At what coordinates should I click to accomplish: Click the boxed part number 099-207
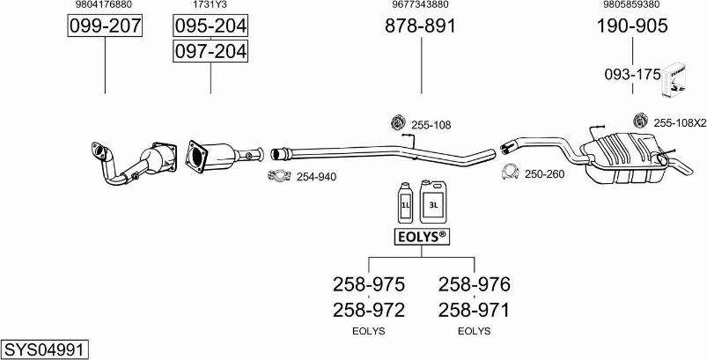tap(105, 26)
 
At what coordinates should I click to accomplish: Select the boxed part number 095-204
tap(210, 26)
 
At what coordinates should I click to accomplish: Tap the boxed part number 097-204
tap(210, 53)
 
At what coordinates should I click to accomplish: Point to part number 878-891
tap(421, 26)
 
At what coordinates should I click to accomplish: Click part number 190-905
tap(631, 26)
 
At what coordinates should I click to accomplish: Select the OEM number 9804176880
tap(105, 5)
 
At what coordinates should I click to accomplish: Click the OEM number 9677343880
tap(421, 5)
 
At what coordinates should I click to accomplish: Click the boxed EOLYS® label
tap(421, 237)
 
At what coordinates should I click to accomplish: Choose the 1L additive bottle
tap(406, 203)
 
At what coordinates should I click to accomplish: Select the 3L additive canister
tap(433, 201)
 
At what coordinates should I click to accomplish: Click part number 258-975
tap(368, 284)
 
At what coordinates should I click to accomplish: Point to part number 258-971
tap(474, 310)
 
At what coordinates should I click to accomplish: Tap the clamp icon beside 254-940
tap(279, 176)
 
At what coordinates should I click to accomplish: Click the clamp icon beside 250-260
tap(509, 173)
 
